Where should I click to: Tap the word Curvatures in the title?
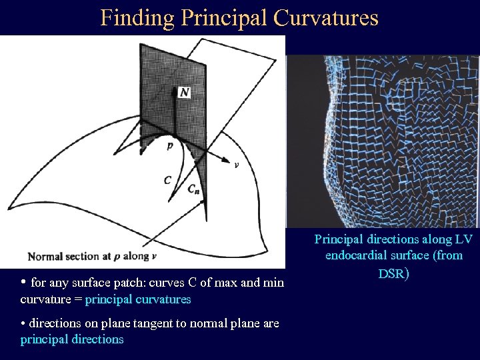(x=326, y=18)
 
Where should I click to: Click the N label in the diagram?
(x=184, y=93)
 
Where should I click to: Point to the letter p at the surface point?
(x=170, y=144)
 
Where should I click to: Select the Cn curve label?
(x=193, y=189)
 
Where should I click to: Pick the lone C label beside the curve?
(x=167, y=179)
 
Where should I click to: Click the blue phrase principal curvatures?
(x=138, y=299)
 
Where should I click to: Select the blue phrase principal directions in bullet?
(x=72, y=339)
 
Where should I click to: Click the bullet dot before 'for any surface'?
(x=24, y=281)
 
